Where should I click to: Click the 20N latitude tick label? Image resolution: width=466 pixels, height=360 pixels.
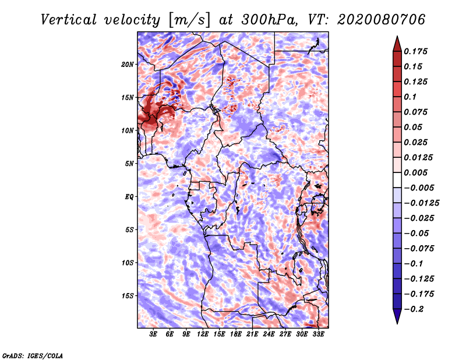(x=128, y=64)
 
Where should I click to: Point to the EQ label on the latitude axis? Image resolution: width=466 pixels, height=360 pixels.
(x=129, y=197)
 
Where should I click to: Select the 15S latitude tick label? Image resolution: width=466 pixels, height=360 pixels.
(x=128, y=296)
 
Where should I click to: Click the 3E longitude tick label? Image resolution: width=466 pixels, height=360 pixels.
(x=154, y=336)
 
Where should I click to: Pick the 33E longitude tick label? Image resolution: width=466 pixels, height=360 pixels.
(x=318, y=336)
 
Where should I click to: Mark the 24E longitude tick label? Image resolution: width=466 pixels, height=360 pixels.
(x=269, y=336)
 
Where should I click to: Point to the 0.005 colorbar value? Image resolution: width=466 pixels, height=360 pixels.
(x=417, y=172)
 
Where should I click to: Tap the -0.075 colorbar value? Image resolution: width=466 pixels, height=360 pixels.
(x=419, y=248)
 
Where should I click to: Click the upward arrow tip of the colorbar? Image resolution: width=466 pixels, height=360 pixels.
(x=397, y=38)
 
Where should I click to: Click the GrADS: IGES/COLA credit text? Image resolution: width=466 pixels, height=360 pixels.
(x=32, y=355)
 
